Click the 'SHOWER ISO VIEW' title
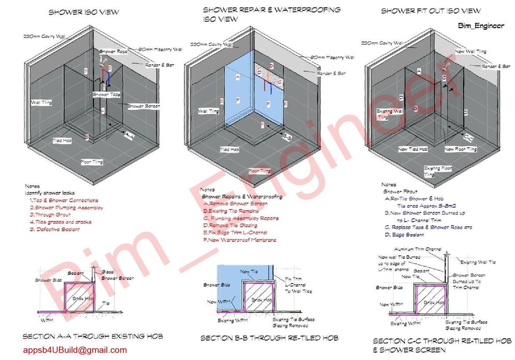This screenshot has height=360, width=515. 83,12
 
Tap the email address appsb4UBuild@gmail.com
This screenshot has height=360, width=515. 75,350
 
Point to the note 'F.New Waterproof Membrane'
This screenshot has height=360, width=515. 239,240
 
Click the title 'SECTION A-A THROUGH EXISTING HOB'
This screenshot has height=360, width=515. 93,337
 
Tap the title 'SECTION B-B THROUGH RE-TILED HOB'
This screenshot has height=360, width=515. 269,338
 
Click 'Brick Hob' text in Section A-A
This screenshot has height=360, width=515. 79,299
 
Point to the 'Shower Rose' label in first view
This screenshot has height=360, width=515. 114,51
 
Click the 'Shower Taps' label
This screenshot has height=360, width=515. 107,95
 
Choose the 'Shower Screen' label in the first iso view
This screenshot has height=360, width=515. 143,106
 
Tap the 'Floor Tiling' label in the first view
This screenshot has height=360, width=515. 92,162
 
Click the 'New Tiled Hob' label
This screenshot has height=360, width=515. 413,149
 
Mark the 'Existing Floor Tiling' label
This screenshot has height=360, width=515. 438,171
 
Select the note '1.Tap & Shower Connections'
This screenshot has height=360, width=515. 64,200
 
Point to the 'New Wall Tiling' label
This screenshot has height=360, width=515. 471,51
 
